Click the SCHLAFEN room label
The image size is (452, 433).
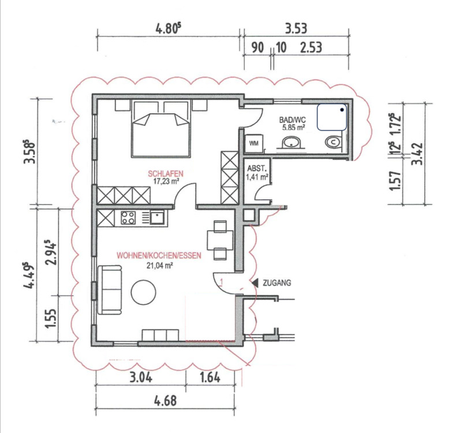[166, 174]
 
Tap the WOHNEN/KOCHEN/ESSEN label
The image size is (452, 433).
[159, 256]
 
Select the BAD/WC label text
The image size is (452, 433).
[292, 120]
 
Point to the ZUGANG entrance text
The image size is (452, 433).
[277, 283]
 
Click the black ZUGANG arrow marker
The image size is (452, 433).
[255, 283]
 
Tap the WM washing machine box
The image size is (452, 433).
[253, 143]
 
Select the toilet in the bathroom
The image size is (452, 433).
[334, 142]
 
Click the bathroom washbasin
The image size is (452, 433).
[291, 143]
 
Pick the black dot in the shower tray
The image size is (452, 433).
[342, 110]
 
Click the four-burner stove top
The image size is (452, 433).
[128, 218]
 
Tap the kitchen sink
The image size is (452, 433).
[157, 218]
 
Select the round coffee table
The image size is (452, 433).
[144, 292]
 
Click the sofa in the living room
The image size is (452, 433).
[110, 290]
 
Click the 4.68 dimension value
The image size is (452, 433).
[166, 401]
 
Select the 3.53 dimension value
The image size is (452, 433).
[296, 28]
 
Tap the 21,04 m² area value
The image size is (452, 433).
[160, 265]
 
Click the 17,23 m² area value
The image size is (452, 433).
[167, 181]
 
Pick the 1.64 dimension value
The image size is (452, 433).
[210, 378]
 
